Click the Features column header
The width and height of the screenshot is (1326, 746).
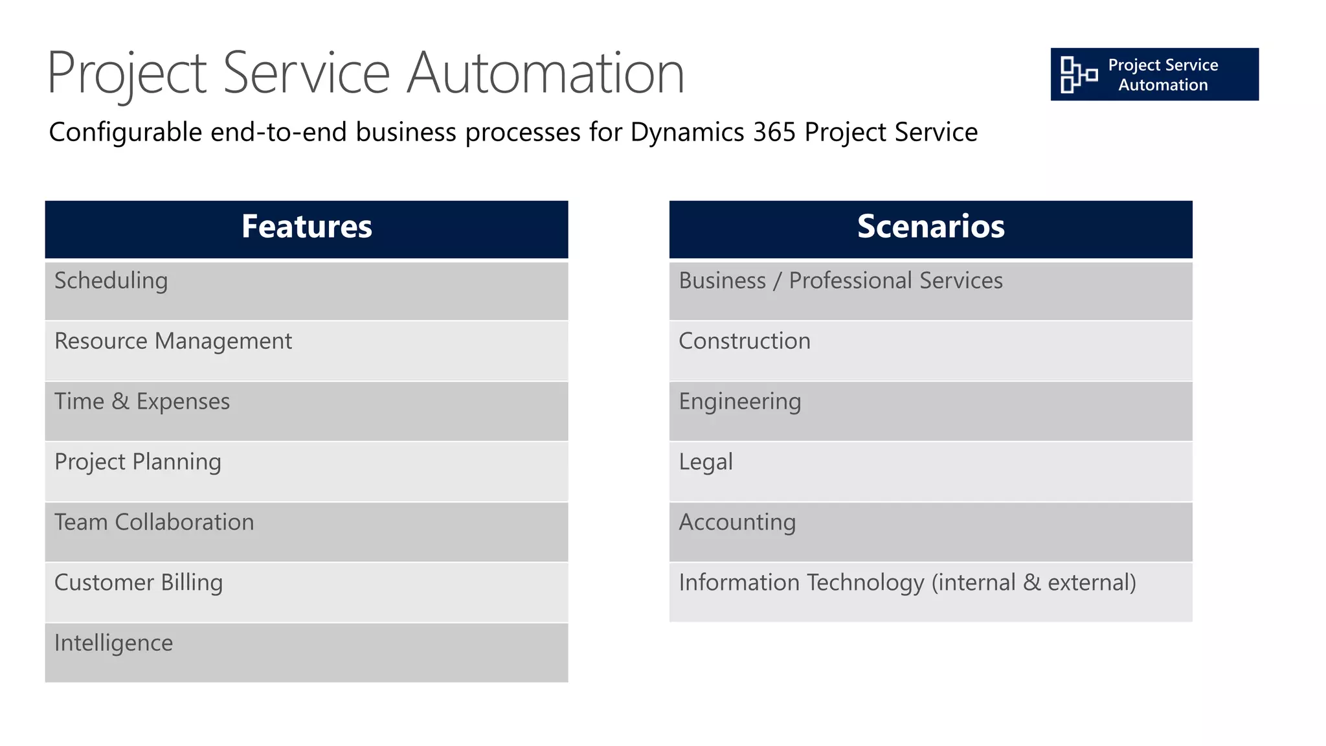(306, 227)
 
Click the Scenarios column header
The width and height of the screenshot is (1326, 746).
(930, 227)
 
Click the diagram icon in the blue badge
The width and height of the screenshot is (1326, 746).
(1078, 74)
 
